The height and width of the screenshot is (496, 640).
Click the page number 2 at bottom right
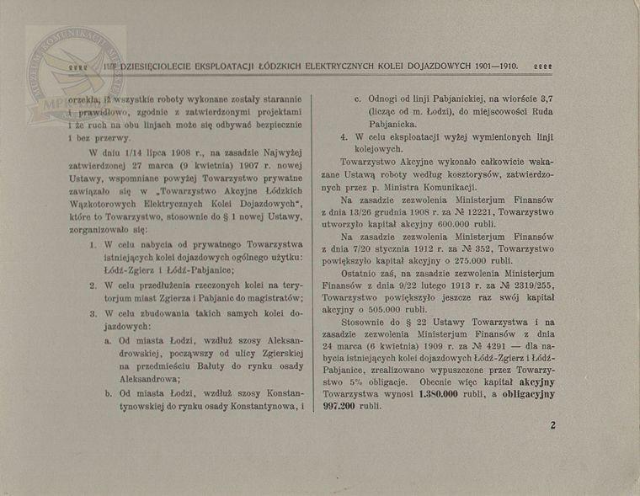coord(552,425)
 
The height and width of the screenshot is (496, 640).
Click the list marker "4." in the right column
coord(344,136)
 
